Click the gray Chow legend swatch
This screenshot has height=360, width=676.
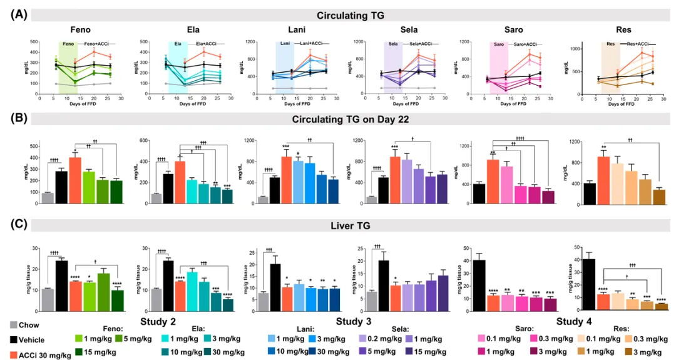[13, 325]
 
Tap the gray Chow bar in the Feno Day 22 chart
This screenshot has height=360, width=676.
[47, 198]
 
